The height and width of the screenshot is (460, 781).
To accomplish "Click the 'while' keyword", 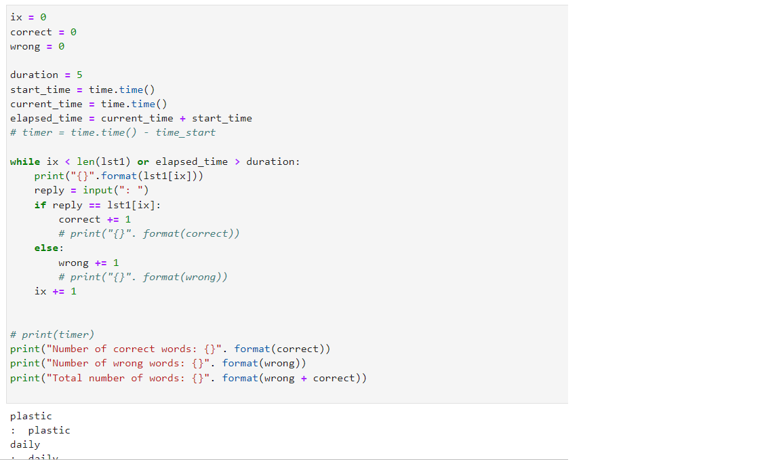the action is point(25,161).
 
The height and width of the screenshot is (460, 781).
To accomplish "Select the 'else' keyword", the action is point(47,248).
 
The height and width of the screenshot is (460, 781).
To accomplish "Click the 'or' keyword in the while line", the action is point(143,161).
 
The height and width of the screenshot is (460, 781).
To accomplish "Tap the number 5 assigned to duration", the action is point(79,75).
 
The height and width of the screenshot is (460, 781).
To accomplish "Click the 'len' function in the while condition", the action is point(85,161).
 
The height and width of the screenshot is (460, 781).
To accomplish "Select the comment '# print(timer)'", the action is point(52,334).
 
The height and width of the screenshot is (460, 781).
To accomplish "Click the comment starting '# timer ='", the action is point(113,132).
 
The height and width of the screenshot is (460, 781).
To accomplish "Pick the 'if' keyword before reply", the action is point(40,205).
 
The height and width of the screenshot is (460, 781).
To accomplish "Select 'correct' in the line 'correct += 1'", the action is point(79,219).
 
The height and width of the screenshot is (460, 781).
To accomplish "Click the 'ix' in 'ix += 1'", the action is point(41,291).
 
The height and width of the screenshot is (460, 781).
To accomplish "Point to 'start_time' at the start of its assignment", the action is point(40,90).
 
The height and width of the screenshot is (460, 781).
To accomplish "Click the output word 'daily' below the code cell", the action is point(25,444).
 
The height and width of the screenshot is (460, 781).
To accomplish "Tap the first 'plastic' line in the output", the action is point(31,416).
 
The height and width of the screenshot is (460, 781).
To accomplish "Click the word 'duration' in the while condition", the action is point(270,161).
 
